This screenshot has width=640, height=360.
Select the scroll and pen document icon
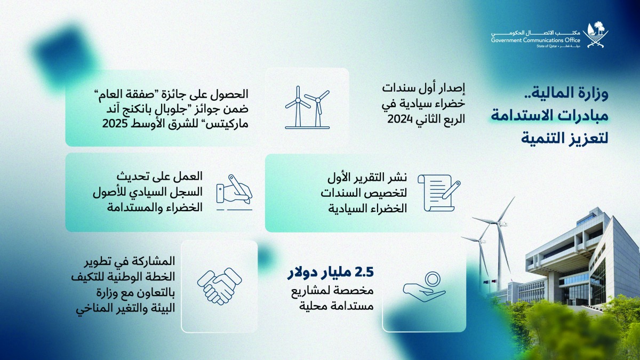tap(438, 191)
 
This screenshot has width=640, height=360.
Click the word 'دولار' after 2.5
tap(301, 273)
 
